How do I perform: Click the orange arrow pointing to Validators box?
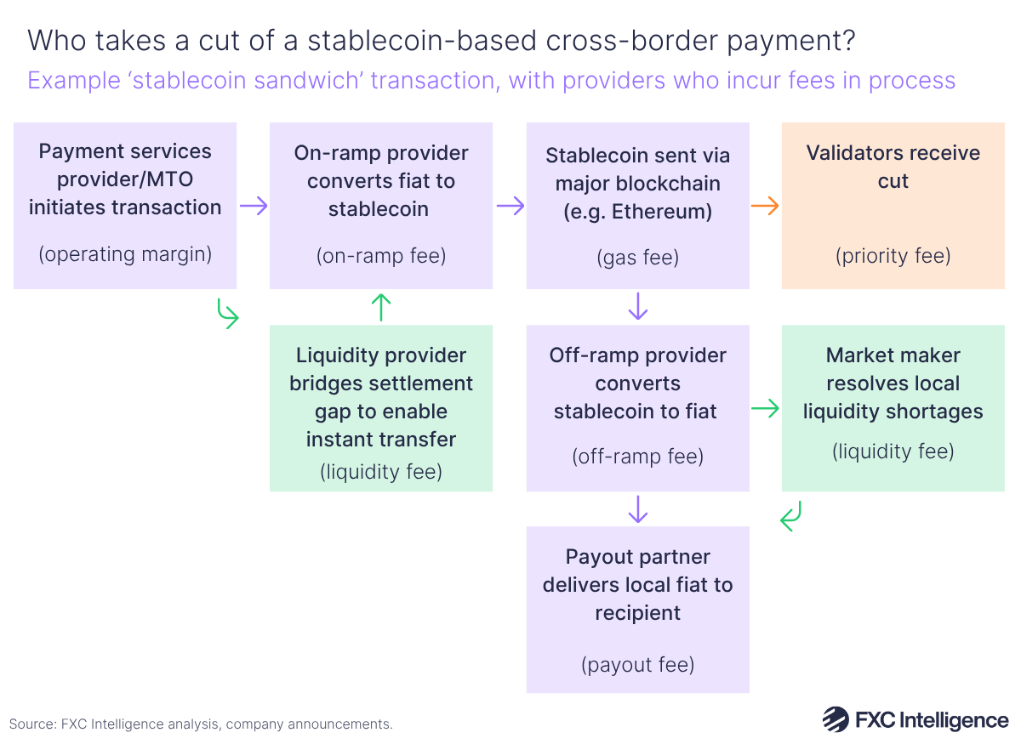[766, 206]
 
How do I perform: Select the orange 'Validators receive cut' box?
[893, 205]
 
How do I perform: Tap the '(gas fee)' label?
[637, 257]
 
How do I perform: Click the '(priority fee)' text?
[893, 255]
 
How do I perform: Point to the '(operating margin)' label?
[125, 253]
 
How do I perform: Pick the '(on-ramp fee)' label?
[380, 255]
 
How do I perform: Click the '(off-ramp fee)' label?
[637, 457]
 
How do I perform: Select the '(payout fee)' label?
[637, 664]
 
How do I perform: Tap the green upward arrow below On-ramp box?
[381, 307]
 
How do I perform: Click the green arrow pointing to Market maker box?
[766, 409]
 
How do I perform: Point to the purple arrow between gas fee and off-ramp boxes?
[637, 307]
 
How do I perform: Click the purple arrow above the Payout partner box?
[637, 508]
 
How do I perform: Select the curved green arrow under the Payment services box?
[227, 313]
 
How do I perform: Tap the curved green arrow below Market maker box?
[791, 515]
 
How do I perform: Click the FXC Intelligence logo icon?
[836, 719]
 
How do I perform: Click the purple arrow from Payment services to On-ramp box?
[254, 206]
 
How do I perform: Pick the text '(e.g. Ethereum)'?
[637, 211]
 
